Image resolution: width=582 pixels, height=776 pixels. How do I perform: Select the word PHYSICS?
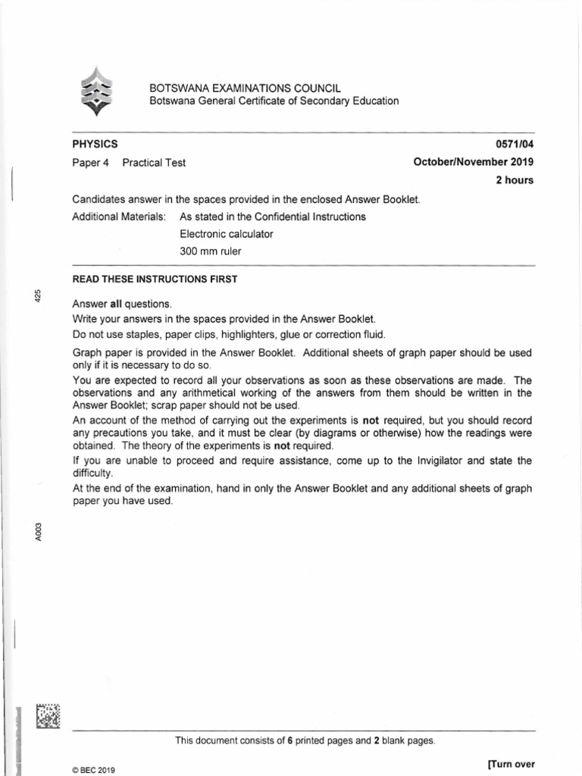click(x=95, y=144)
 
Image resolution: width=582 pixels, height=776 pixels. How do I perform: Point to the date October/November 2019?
click(x=473, y=162)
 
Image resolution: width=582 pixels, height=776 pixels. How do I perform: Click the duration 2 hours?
click(x=514, y=180)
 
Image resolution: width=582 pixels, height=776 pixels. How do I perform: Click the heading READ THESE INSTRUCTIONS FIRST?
click(x=155, y=279)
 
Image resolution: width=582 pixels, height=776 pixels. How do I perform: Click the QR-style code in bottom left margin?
click(x=47, y=716)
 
